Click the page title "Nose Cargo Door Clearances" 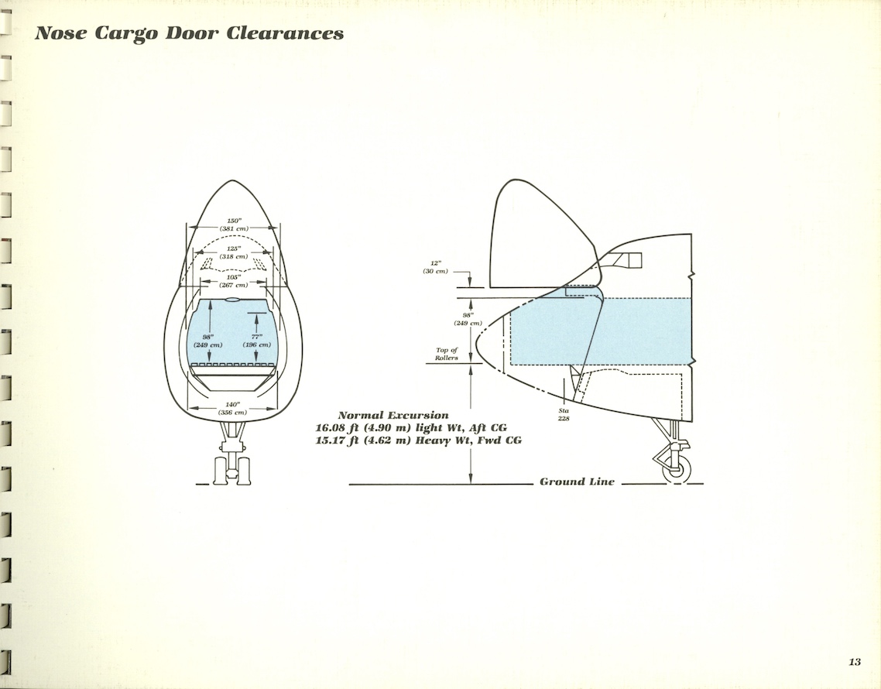pyautogui.click(x=189, y=34)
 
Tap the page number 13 pyautogui.click(x=854, y=661)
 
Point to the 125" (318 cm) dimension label pyautogui.click(x=232, y=252)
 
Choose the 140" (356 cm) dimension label pyautogui.click(x=232, y=408)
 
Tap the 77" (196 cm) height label pyautogui.click(x=256, y=340)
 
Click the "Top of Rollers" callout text pyautogui.click(x=447, y=354)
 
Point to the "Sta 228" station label pyautogui.click(x=564, y=414)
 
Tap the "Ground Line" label pyautogui.click(x=577, y=482)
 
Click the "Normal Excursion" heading pyautogui.click(x=393, y=416)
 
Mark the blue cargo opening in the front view pyautogui.click(x=232, y=329)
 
